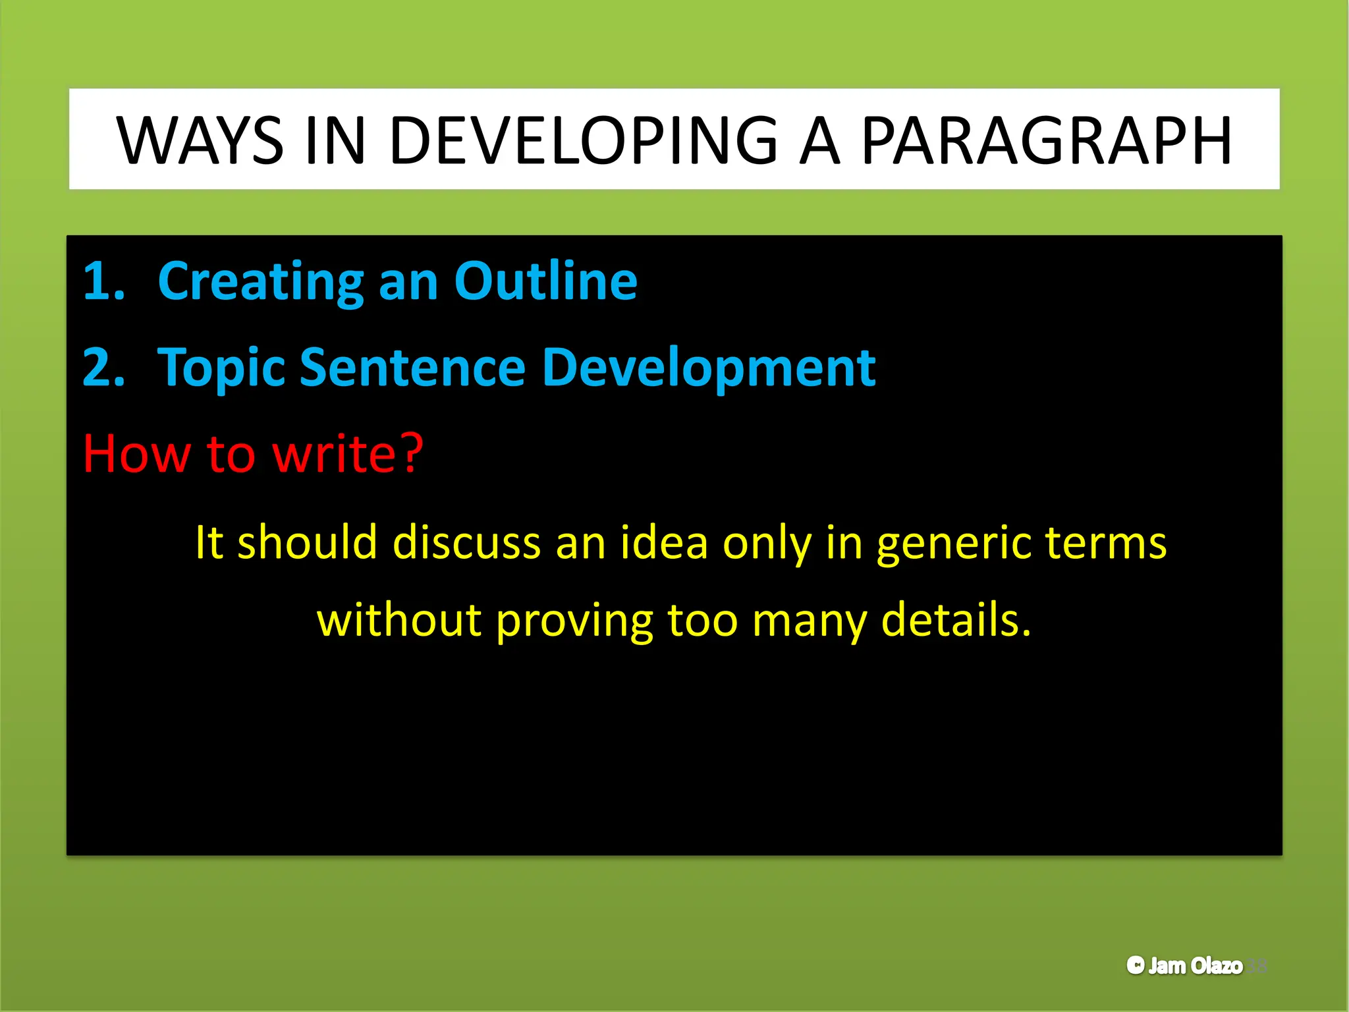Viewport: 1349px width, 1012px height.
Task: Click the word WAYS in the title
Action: pyautogui.click(x=200, y=140)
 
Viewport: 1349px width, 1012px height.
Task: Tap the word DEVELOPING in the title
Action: pyautogui.click(x=584, y=140)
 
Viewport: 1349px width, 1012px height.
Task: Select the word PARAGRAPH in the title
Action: pyautogui.click(x=1046, y=140)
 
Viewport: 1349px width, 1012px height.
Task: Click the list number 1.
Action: pyautogui.click(x=103, y=281)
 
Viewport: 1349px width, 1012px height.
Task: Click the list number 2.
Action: pyautogui.click(x=103, y=368)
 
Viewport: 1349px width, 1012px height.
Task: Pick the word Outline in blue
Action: pyautogui.click(x=545, y=281)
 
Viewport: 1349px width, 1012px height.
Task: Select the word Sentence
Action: pyautogui.click(x=412, y=368)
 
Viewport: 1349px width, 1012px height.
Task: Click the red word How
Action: pyautogui.click(x=136, y=455)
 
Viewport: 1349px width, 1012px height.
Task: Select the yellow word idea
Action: pyautogui.click(x=663, y=543)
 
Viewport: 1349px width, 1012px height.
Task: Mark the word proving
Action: pyautogui.click(x=574, y=622)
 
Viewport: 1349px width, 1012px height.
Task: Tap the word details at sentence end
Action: pyautogui.click(x=955, y=621)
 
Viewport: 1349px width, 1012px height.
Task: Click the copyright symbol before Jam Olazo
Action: pyautogui.click(x=1136, y=965)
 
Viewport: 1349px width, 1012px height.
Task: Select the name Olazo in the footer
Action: pyautogui.click(x=1217, y=965)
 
